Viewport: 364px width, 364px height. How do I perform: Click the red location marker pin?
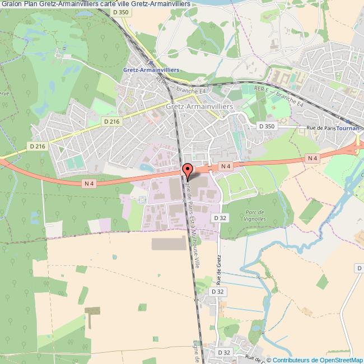tap(186, 169)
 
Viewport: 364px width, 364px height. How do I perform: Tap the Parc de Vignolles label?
tap(254, 215)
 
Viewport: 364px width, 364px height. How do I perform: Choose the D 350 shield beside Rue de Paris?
tap(267, 127)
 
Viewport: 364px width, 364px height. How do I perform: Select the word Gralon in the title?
tap(11, 3)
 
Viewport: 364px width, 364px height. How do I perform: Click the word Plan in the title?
tap(31, 3)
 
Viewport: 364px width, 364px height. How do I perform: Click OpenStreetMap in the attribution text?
tap(341, 360)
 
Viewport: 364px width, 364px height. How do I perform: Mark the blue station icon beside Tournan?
tap(348, 121)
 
